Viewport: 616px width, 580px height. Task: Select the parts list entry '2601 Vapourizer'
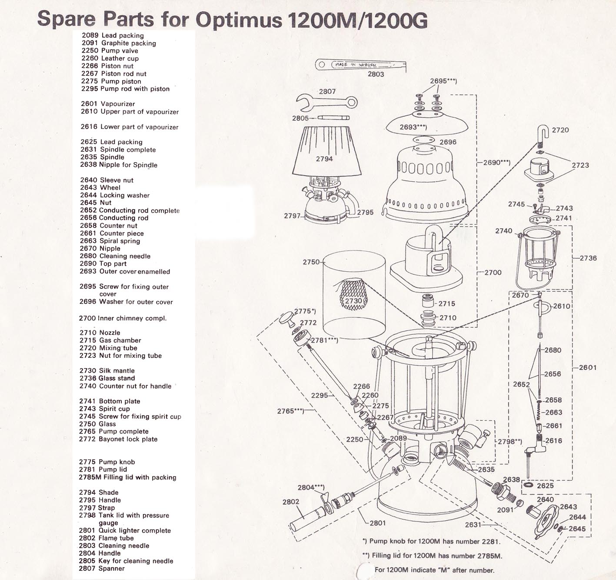coord(108,104)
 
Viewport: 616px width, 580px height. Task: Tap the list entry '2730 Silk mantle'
coord(107,370)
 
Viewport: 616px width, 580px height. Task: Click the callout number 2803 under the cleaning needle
coord(376,74)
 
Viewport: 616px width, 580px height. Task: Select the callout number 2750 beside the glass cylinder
coord(311,262)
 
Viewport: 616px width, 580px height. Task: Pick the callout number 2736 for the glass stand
coord(588,258)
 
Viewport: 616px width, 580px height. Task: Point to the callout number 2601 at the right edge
coord(587,367)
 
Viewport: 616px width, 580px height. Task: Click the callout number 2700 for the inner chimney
coord(493,272)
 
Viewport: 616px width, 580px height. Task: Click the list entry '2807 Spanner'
coord(102,568)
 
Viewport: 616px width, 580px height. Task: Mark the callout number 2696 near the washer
coord(448,142)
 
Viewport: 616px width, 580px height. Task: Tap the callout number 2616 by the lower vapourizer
coord(553,440)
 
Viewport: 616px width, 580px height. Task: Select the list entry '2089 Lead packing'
coord(113,35)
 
